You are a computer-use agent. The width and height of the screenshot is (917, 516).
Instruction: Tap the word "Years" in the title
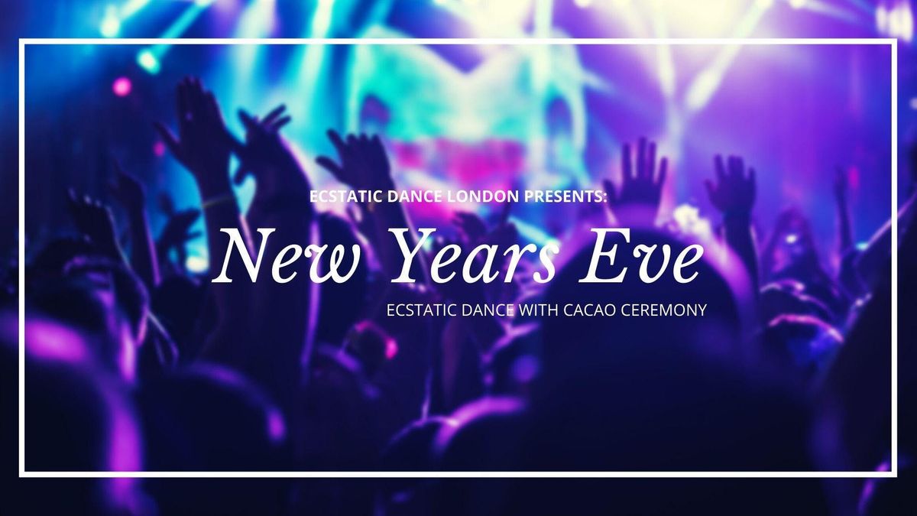coord(472,256)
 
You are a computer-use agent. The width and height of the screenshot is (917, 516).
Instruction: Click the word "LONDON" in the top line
coord(483,196)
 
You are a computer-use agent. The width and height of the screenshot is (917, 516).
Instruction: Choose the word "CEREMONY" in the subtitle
coord(664,310)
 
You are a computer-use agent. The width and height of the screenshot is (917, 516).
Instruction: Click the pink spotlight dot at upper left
coord(122,87)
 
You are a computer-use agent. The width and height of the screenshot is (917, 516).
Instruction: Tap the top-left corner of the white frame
coord(22,41)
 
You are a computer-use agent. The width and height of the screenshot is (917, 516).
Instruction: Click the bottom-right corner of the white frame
coord(895,474)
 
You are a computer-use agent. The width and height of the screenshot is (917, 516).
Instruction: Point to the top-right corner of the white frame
coord(895,41)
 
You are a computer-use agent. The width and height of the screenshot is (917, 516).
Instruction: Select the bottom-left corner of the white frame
coord(22,474)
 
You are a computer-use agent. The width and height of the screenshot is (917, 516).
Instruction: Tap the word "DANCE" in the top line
coord(414,196)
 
